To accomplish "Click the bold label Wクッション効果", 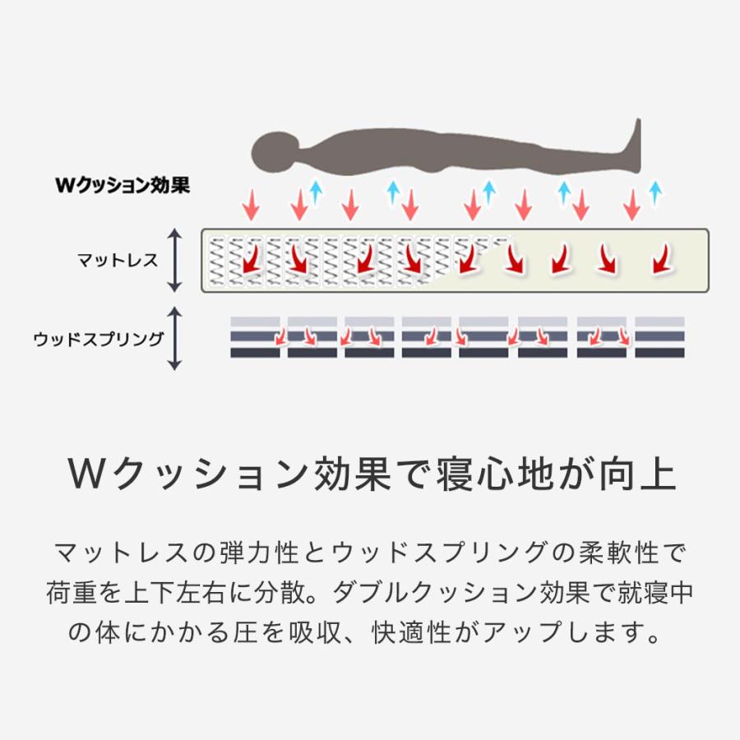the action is point(123,185).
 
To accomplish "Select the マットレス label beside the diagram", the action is point(118,261).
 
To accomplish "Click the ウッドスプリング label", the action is point(99,339).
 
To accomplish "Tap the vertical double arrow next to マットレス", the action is point(175,261).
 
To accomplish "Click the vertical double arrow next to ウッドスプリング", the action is point(175,339).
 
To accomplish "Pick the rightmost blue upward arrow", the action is point(654,192).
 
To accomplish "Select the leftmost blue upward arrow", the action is point(316,192).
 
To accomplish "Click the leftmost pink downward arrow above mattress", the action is point(251,205).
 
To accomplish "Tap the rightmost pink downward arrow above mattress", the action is point(631,205).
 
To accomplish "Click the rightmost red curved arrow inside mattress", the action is point(662,259).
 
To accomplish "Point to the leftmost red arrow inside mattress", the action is point(252,259).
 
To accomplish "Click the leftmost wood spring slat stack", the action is point(256,337).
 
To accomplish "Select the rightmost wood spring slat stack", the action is point(659,337).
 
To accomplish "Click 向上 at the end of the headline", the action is point(636,474).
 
